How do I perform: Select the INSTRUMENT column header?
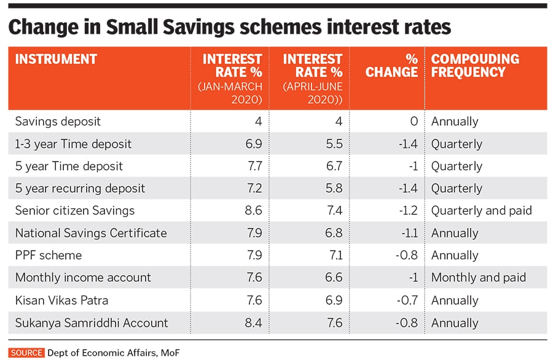click(x=56, y=60)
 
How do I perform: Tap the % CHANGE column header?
click(x=392, y=66)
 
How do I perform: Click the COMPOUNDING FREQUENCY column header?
click(x=475, y=66)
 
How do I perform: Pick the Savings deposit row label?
click(x=58, y=122)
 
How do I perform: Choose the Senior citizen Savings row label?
click(x=75, y=211)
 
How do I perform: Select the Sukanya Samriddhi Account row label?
click(x=92, y=323)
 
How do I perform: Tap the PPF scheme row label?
click(x=49, y=256)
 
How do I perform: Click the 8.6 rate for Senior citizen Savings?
click(x=253, y=211)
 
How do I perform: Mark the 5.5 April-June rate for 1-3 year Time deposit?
click(x=334, y=144)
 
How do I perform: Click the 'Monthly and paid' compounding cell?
click(x=479, y=278)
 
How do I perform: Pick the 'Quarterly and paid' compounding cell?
click(x=482, y=211)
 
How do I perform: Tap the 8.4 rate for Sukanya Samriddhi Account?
click(x=253, y=323)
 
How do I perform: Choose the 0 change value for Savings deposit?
click(x=414, y=122)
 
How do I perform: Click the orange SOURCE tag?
click(x=26, y=353)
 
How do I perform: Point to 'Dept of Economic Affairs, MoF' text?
click(x=114, y=353)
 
